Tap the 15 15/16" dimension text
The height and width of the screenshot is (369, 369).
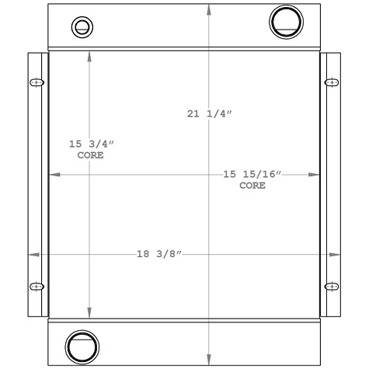[252, 175]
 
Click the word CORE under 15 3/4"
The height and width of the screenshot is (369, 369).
[91, 155]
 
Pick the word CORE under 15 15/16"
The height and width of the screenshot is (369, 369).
[252, 186]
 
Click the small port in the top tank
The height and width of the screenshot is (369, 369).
[81, 27]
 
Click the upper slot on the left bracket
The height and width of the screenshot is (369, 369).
[36, 82]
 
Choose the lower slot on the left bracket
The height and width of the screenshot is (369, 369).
[36, 287]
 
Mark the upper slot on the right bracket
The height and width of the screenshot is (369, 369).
[332, 82]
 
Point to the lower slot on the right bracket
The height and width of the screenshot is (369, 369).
[332, 286]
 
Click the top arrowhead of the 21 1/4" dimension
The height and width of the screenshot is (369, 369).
[209, 8]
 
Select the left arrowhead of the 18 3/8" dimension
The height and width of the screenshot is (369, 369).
[32, 254]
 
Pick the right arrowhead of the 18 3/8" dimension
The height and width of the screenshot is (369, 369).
[337, 254]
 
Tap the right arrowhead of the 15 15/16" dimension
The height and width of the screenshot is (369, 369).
[316, 176]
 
